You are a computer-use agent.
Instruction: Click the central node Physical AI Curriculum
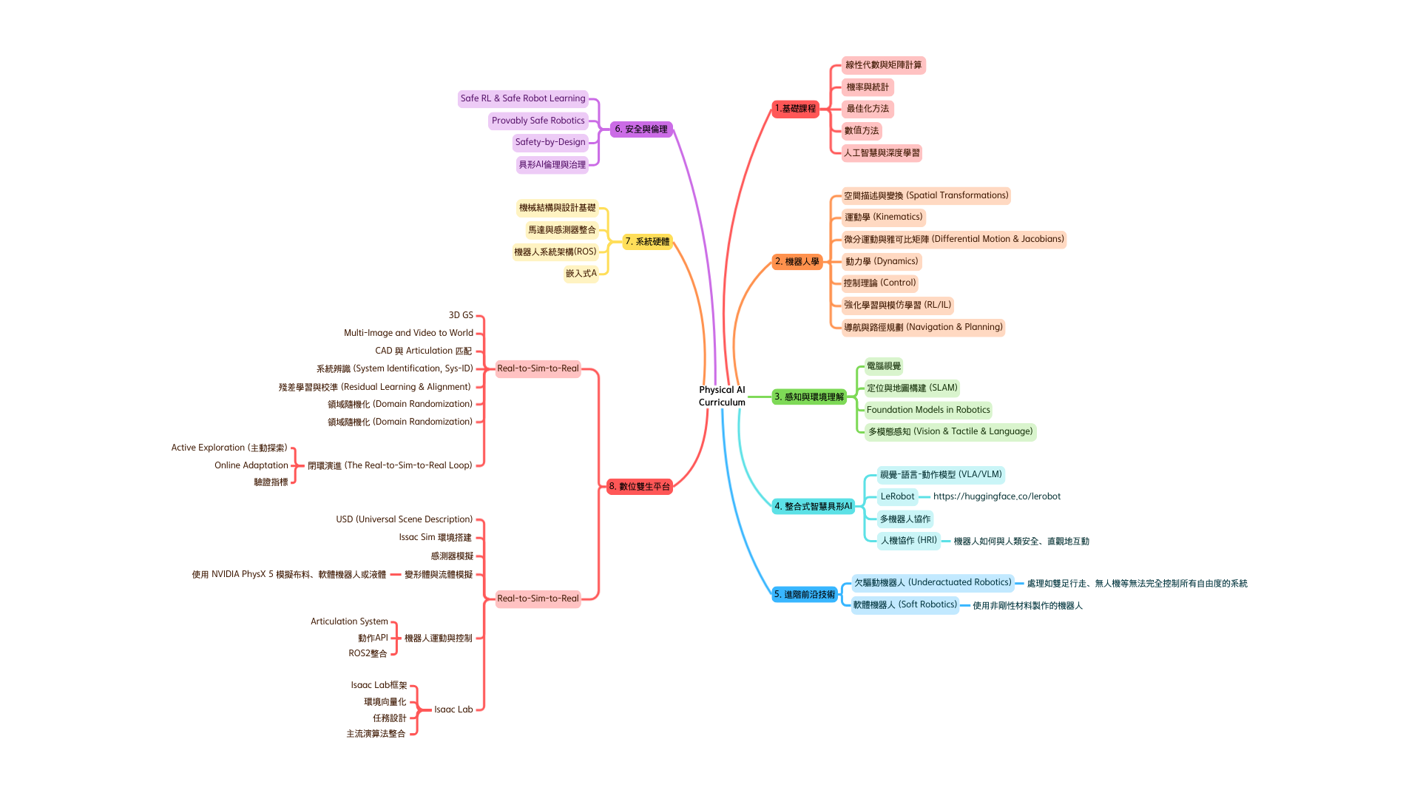(x=722, y=396)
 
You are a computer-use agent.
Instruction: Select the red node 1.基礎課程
(x=795, y=109)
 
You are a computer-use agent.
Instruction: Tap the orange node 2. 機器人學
(x=797, y=262)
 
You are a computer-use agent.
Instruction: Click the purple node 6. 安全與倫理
(x=640, y=129)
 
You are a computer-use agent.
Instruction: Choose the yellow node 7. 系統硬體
(x=646, y=242)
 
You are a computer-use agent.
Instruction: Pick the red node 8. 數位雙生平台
(x=639, y=487)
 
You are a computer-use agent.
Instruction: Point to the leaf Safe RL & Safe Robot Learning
(x=522, y=98)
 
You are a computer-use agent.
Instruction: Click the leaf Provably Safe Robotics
(x=538, y=121)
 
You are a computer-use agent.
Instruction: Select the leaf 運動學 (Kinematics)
(x=883, y=218)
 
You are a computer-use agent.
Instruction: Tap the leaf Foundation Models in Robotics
(x=927, y=410)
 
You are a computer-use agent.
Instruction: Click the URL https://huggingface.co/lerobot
(x=996, y=496)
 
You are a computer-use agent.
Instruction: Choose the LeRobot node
(x=897, y=496)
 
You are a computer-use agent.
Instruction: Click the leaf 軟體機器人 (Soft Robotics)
(x=905, y=605)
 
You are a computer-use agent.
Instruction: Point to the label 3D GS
(x=460, y=315)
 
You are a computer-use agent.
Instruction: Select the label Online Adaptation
(x=251, y=465)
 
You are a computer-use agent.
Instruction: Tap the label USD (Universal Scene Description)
(x=404, y=519)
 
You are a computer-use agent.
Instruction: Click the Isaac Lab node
(x=453, y=709)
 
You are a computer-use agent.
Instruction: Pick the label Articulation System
(x=348, y=621)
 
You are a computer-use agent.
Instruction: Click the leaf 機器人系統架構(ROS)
(x=555, y=252)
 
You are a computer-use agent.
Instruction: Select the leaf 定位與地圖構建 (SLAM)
(x=911, y=388)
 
